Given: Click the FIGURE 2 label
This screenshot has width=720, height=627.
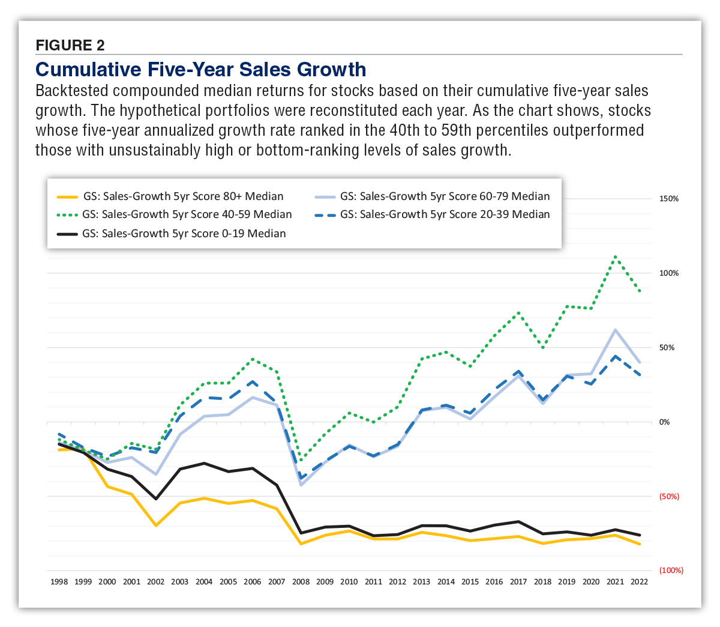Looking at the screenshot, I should (70, 45).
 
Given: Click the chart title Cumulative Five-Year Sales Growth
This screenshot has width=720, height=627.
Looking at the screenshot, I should (200, 70).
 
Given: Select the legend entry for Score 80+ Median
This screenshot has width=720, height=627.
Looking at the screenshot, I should (183, 196).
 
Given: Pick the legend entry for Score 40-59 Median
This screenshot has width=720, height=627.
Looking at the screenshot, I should (187, 214).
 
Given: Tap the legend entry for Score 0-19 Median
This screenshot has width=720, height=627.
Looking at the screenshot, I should (184, 234).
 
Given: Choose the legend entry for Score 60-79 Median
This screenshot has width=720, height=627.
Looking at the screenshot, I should (445, 196).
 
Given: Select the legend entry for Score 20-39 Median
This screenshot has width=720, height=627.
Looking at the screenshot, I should (445, 214).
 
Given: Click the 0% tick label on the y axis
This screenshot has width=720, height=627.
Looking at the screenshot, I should (664, 422).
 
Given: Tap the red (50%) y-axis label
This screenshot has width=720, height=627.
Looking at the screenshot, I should (669, 497).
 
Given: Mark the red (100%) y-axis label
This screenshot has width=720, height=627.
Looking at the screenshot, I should (671, 571).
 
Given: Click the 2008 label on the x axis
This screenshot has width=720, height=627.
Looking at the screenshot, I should (301, 582).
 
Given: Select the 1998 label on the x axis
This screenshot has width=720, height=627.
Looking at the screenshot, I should (59, 582).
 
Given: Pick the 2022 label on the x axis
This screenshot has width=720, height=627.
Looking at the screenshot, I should (639, 582).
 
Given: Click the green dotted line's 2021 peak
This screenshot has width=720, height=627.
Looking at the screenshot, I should (615, 256).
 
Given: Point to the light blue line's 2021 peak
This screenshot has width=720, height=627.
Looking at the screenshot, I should (615, 330).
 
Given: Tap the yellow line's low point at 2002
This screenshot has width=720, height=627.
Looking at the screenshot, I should (156, 526).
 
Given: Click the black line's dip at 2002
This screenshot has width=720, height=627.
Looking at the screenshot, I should (156, 499).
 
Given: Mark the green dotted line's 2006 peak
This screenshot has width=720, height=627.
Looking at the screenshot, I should (253, 359).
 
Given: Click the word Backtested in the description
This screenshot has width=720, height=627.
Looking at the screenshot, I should (71, 91).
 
